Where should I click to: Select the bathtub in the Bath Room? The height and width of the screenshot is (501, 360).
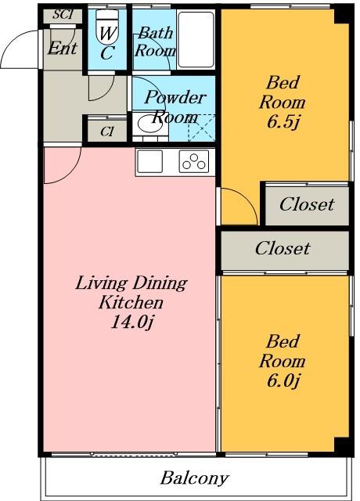(x=196, y=39)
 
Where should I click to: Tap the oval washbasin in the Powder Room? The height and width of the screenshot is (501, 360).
(x=150, y=124)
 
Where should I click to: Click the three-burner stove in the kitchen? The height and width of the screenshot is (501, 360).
(x=194, y=161)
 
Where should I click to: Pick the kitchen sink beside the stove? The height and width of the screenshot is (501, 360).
(x=149, y=161)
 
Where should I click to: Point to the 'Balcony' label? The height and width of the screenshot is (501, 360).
(x=195, y=478)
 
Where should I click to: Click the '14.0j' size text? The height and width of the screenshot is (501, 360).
(x=132, y=322)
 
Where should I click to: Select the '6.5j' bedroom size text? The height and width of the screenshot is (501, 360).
(x=283, y=122)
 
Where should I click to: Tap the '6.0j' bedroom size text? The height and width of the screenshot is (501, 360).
(x=283, y=380)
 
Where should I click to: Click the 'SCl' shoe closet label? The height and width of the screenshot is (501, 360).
(x=63, y=14)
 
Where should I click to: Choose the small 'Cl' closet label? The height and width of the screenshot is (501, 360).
(x=107, y=132)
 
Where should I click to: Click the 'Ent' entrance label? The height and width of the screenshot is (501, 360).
(x=63, y=49)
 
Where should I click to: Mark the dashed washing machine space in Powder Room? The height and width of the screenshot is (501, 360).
(x=201, y=128)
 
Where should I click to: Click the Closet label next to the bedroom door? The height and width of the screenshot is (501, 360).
(x=307, y=204)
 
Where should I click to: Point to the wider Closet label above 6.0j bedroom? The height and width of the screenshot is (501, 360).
(x=283, y=248)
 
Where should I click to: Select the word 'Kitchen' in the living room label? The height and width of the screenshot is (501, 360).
(x=131, y=302)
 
